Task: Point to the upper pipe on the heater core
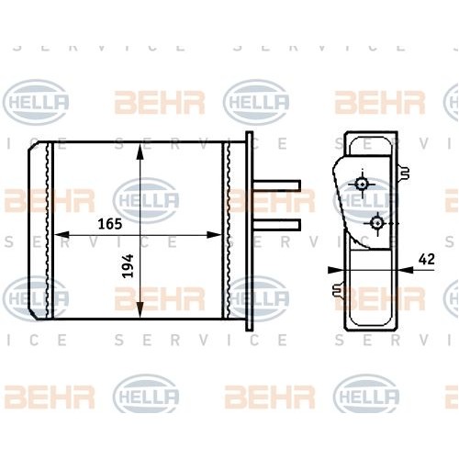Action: (277, 185)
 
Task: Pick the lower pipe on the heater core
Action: (277, 224)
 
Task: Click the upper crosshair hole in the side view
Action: (364, 185)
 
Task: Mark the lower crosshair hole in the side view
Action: (376, 222)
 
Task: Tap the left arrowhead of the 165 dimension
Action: (62, 235)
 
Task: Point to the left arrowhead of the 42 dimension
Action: (336, 270)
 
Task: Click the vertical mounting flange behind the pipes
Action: (250, 229)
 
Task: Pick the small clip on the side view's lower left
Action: (332, 292)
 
